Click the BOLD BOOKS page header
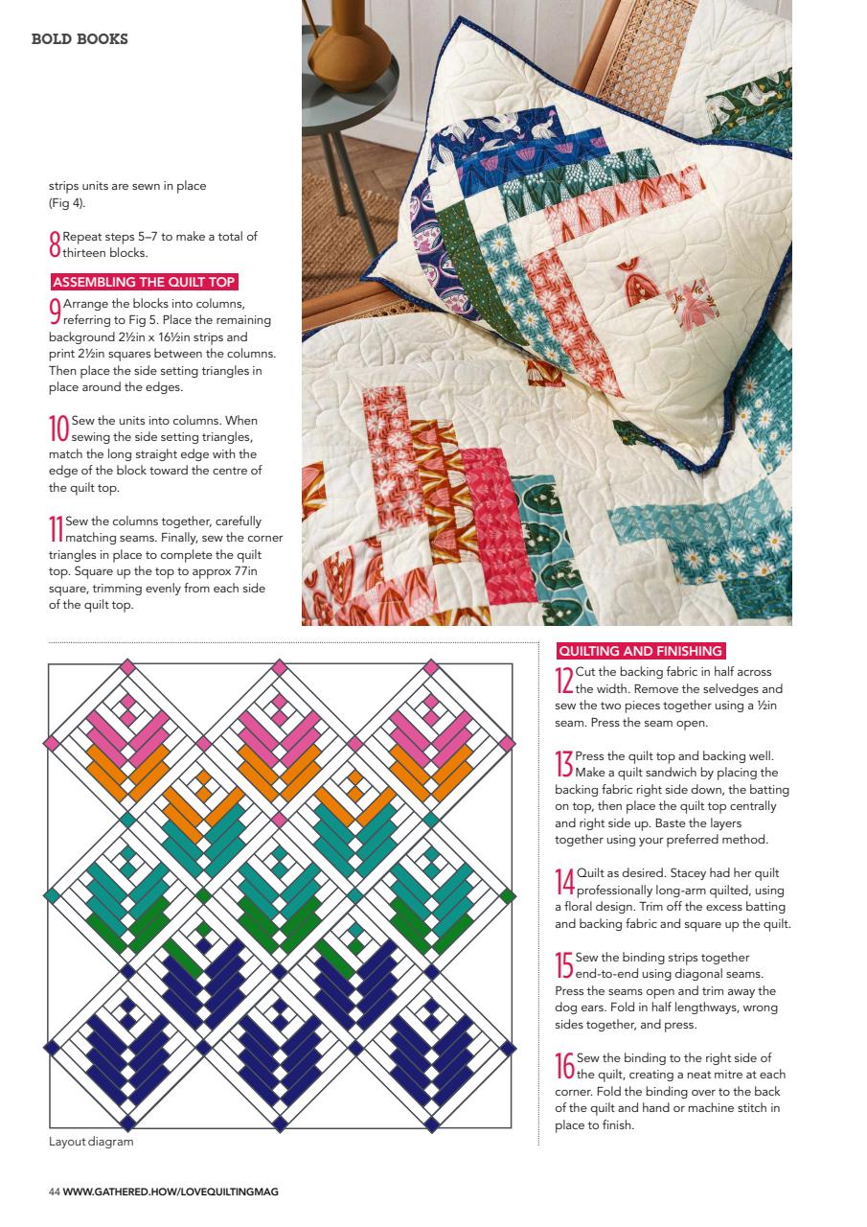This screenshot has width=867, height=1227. (x=80, y=39)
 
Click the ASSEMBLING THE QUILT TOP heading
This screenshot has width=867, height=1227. (x=144, y=282)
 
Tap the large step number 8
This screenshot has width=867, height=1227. (x=55, y=244)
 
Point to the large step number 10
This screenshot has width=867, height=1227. (x=58, y=428)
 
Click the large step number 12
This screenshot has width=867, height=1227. (x=564, y=680)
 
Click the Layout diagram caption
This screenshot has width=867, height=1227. (x=91, y=1142)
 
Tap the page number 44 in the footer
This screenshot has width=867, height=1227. (x=55, y=1192)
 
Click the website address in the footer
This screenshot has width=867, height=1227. (x=171, y=1192)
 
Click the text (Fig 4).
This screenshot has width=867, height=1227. (x=66, y=203)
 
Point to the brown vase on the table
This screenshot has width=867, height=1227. (x=346, y=38)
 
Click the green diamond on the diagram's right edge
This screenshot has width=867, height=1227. (x=509, y=895)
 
